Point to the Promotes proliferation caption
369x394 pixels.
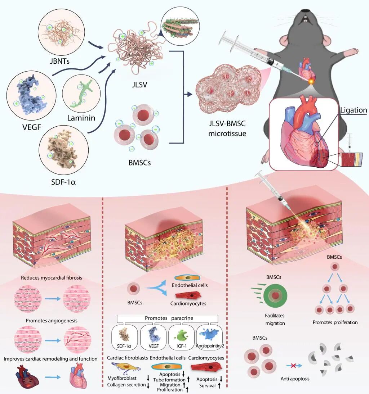pyautogui.click(x=335, y=322)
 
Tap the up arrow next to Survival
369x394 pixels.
pyautogui.click(x=219, y=386)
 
